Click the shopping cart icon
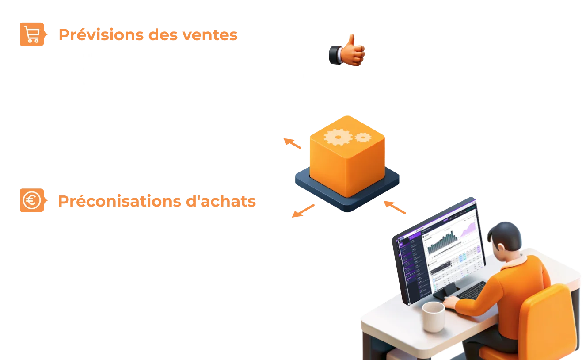[x=32, y=34]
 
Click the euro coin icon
[x=32, y=200]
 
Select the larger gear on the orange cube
[x=338, y=137]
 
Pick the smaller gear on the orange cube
[x=362, y=138]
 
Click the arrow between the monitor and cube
[x=394, y=207]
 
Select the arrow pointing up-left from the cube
[x=293, y=144]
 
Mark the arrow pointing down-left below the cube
[x=302, y=211]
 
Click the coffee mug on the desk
[x=433, y=316]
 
